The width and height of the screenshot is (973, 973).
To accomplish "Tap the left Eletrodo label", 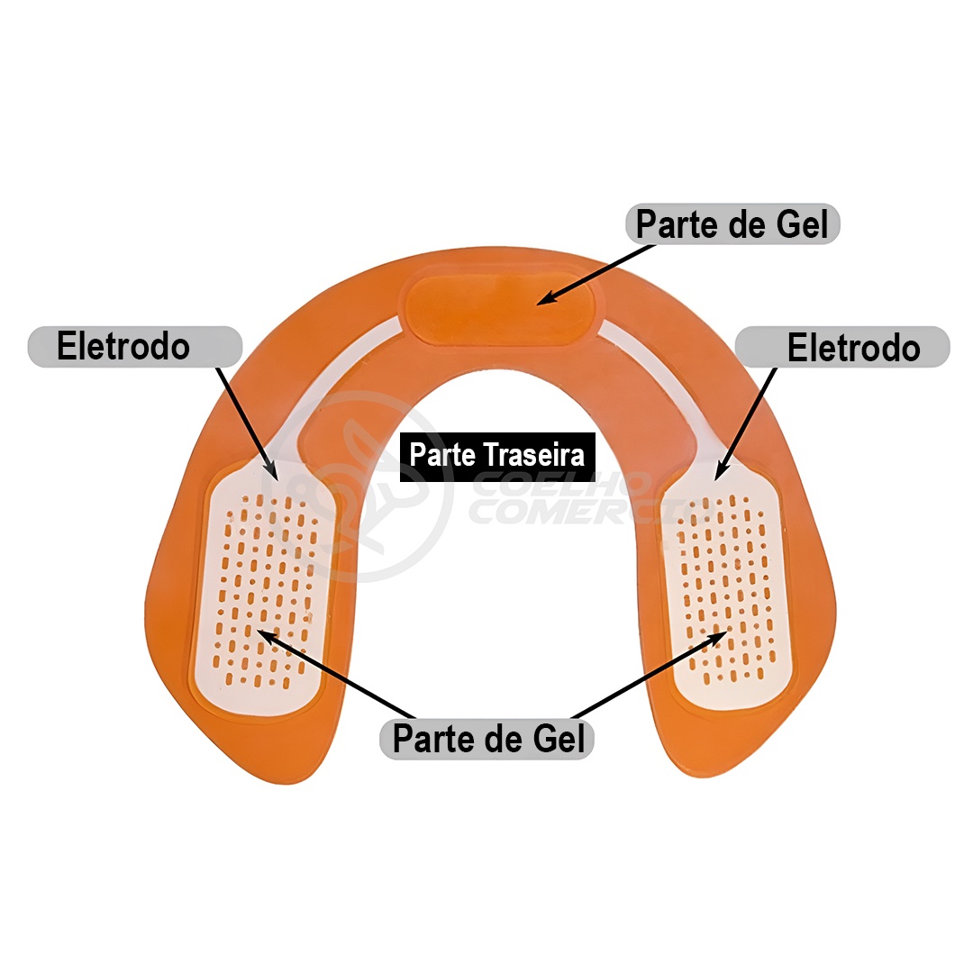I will pos(124,347).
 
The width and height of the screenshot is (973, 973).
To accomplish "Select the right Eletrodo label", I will pos(853,349).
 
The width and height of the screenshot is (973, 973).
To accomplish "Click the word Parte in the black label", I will pos(442,454).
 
